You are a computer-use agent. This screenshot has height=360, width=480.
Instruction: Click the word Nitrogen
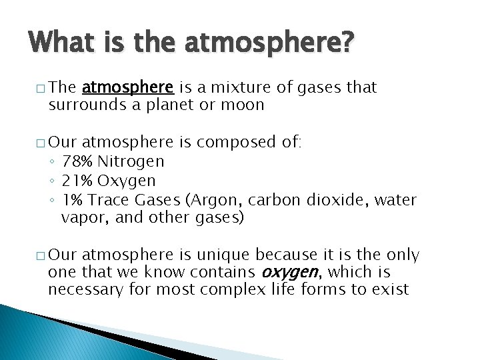point(131,161)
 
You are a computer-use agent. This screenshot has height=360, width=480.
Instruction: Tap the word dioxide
point(331,200)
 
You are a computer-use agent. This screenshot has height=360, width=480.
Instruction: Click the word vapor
point(80,218)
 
